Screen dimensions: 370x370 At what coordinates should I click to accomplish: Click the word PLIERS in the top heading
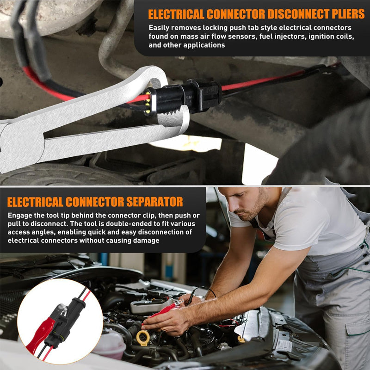click(x=342, y=14)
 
